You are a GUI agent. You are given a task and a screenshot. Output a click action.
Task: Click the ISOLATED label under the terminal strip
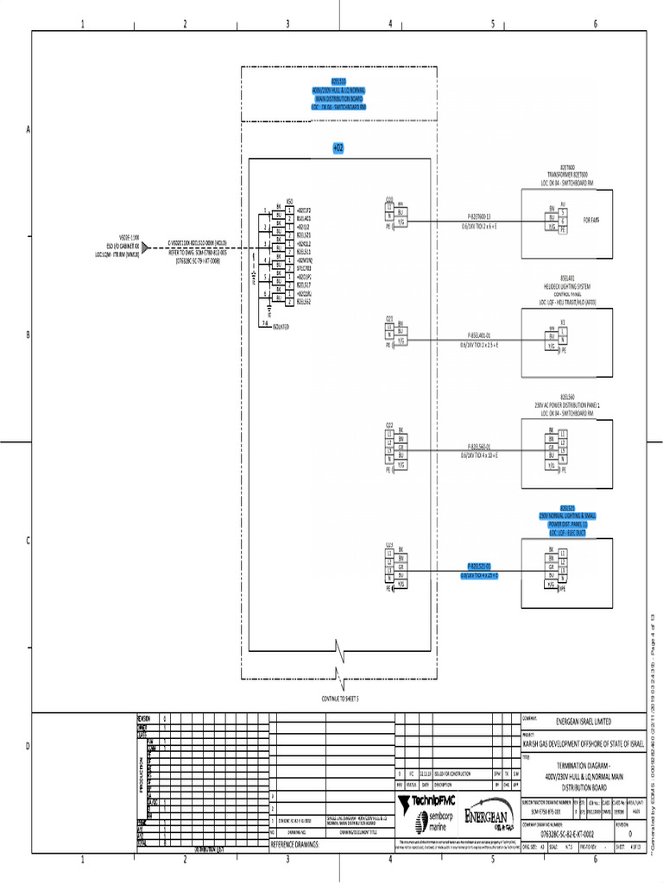click(x=281, y=328)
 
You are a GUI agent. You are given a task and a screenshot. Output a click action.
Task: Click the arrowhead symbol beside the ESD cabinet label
click(x=146, y=248)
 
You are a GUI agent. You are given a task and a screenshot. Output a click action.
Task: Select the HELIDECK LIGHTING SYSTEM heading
click(x=567, y=285)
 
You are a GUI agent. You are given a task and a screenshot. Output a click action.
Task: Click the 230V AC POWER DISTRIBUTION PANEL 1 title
click(x=567, y=403)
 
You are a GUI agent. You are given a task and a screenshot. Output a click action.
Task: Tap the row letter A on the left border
click(x=28, y=129)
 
